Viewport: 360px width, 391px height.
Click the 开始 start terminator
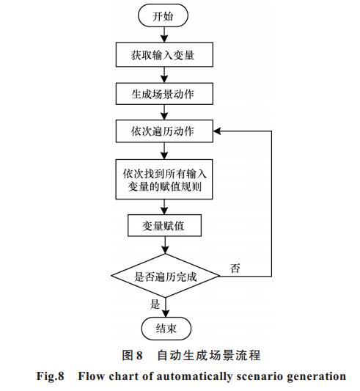click(163, 15)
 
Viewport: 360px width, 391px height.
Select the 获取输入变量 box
click(164, 54)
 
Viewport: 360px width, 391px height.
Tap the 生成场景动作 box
click(164, 94)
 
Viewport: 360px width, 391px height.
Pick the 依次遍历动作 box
click(164, 131)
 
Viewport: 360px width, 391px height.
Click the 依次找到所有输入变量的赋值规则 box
click(164, 179)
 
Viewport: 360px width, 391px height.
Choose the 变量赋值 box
click(164, 225)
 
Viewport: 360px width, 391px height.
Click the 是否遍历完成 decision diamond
click(165, 276)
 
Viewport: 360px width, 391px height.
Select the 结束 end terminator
click(166, 329)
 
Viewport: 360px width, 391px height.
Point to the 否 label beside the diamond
click(235, 268)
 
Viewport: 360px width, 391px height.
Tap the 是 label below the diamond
click(155, 304)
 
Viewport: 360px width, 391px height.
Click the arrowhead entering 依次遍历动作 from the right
click(217, 131)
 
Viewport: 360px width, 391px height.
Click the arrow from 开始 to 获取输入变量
click(164, 34)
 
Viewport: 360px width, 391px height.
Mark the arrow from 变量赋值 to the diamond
click(165, 245)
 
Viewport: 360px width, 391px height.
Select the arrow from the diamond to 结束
click(166, 307)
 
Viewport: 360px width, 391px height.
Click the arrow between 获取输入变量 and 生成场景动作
click(164, 75)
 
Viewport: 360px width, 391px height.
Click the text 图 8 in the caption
click(132, 355)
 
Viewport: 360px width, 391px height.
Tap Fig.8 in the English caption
click(51, 376)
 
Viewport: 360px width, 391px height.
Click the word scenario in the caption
click(260, 376)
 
